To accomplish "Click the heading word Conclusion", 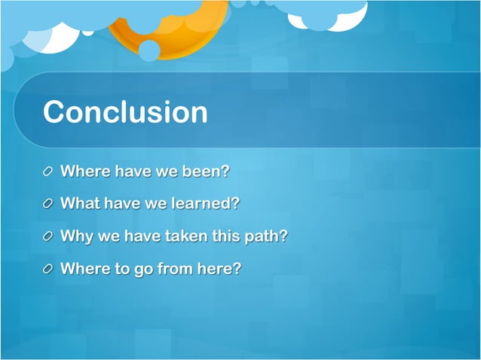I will point(125,112).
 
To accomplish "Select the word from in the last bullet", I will point(174,268).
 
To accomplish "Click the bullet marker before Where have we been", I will point(48,172).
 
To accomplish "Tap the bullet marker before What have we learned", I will point(48,204).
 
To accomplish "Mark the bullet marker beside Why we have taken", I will point(48,236).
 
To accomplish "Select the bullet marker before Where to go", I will point(48,269).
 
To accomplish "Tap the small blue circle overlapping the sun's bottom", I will point(149,50).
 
